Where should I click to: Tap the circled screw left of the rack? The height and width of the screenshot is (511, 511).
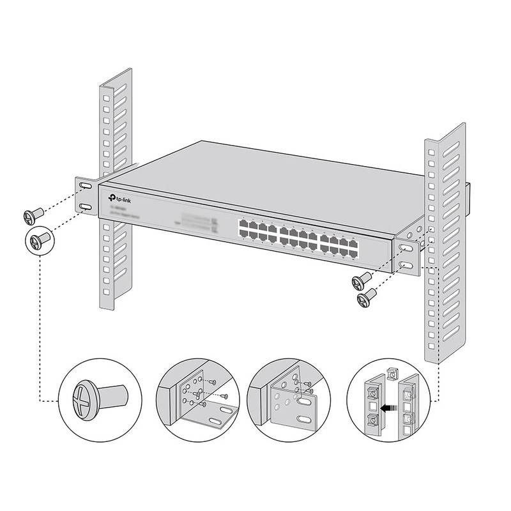40,241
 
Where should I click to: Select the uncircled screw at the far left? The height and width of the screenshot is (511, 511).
32,215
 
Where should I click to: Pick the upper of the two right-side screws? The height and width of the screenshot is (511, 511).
362,279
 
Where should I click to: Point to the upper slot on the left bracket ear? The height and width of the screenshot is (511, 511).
85,186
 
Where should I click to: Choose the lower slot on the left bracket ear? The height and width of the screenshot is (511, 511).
85,207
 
